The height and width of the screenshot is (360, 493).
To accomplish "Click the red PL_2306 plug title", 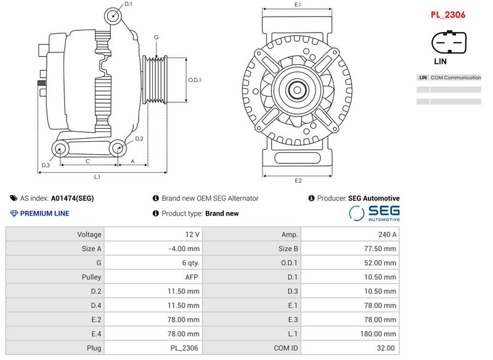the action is coord(448,15).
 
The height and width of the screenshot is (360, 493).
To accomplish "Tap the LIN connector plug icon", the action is coord(449,43).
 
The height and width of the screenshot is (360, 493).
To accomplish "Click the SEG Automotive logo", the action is coord(375,213).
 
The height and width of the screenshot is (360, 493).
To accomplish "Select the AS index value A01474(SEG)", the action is coord(72,198).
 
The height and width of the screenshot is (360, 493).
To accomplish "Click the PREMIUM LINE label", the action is coord(44,213).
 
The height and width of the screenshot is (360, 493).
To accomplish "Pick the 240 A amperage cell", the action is coord(388,234).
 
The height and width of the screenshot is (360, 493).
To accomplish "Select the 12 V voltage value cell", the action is coord(192,234).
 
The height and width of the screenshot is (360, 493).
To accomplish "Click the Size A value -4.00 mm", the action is coord(184,248).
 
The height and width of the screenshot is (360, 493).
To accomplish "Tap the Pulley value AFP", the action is coord(192,277).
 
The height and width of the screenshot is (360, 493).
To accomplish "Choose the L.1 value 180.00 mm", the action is coord(378,334).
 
